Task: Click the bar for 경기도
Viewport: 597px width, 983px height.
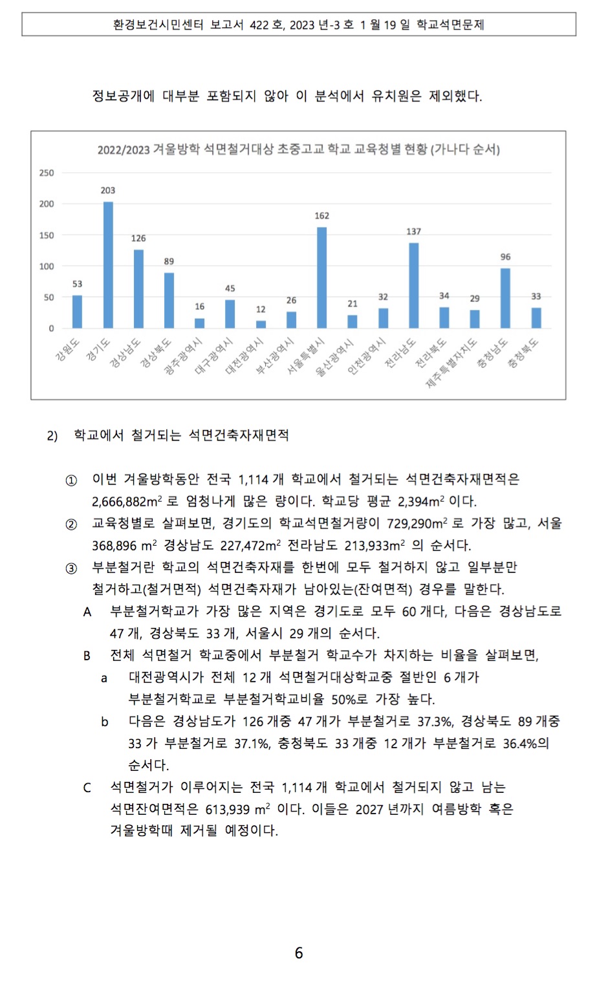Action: pyautogui.click(x=108, y=265)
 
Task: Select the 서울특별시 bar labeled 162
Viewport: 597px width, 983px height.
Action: pyautogui.click(x=321, y=278)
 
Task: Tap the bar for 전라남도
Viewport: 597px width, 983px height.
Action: pyautogui.click(x=413, y=286)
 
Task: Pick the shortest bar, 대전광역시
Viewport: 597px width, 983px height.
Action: pyautogui.click(x=261, y=325)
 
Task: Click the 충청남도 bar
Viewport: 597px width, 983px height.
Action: pyautogui.click(x=505, y=298)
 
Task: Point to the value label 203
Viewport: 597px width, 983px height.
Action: pyautogui.click(x=108, y=190)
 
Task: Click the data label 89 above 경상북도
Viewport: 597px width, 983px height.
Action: pyautogui.click(x=169, y=261)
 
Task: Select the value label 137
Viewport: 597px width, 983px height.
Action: pyautogui.click(x=413, y=232)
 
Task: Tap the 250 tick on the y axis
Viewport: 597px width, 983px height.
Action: pyautogui.click(x=47, y=173)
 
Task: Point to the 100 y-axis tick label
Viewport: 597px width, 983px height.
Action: pyautogui.click(x=47, y=266)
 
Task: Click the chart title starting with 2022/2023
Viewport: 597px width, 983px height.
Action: pyautogui.click(x=298, y=149)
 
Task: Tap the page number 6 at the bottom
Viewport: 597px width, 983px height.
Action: pyautogui.click(x=298, y=953)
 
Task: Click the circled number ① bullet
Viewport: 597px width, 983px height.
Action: pyautogui.click(x=71, y=481)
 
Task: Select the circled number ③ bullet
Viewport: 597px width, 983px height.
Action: pyautogui.click(x=71, y=568)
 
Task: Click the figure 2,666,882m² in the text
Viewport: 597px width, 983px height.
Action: pyautogui.click(x=127, y=502)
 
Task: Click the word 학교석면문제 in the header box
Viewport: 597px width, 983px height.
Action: pyautogui.click(x=450, y=25)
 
